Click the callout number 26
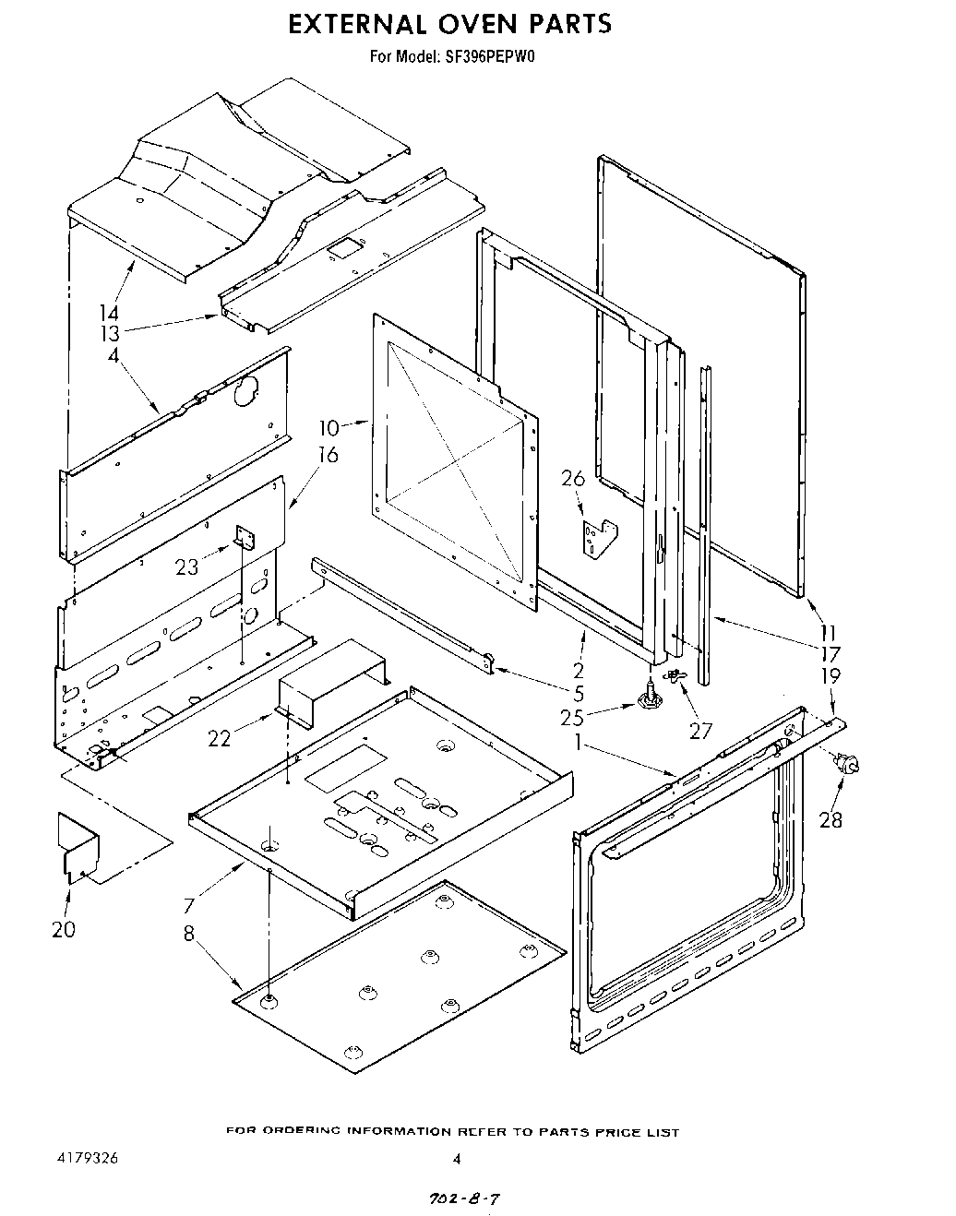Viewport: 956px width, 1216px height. (x=573, y=478)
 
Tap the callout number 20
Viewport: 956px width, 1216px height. (x=64, y=929)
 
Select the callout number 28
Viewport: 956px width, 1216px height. (x=831, y=818)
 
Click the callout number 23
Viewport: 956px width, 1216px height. (x=186, y=566)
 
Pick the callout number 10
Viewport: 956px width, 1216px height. (x=329, y=427)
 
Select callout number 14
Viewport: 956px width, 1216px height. (x=109, y=314)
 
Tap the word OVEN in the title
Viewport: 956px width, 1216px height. (x=477, y=23)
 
